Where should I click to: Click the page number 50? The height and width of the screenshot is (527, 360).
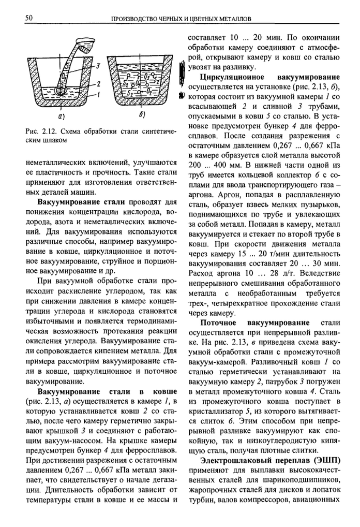[x=29, y=18]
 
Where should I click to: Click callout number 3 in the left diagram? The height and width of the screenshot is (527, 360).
[x=97, y=66]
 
